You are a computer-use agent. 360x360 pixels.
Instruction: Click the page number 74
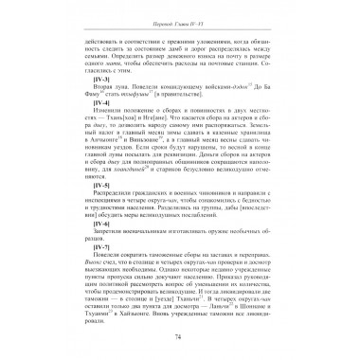tap(180, 336)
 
